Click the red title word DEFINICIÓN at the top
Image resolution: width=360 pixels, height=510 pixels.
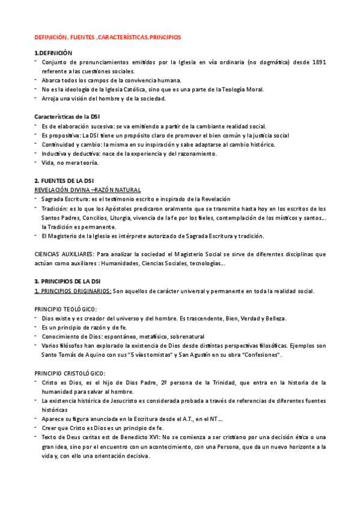50,37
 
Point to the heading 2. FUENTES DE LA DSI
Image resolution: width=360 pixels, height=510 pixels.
64,181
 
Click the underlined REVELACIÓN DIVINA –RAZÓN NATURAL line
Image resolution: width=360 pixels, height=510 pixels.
82,189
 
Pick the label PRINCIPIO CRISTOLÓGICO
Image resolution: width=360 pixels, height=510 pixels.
69,373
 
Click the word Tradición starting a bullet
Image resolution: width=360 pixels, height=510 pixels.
53,208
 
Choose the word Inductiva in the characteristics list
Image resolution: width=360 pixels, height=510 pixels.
55,154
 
